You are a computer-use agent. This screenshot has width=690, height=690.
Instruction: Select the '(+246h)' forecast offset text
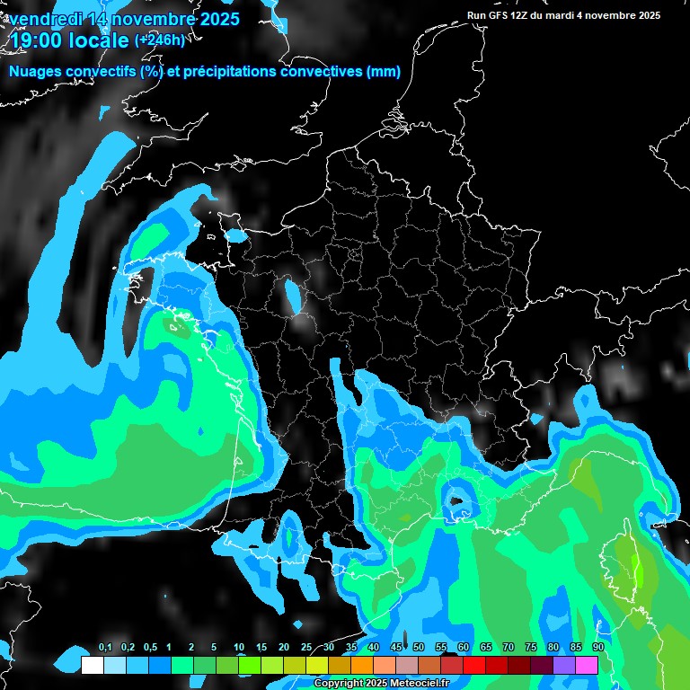click(160, 40)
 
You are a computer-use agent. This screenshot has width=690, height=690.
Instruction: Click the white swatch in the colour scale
click(92, 665)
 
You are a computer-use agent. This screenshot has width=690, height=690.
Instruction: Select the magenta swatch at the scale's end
click(587, 665)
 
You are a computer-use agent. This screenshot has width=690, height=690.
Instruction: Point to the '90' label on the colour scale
click(597, 648)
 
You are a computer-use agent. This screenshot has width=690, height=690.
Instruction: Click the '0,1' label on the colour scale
click(105, 648)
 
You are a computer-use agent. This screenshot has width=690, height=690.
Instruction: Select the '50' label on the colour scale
click(418, 648)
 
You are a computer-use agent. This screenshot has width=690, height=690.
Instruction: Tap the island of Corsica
click(631, 562)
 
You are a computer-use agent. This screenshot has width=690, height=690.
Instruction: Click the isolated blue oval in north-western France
click(293, 296)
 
